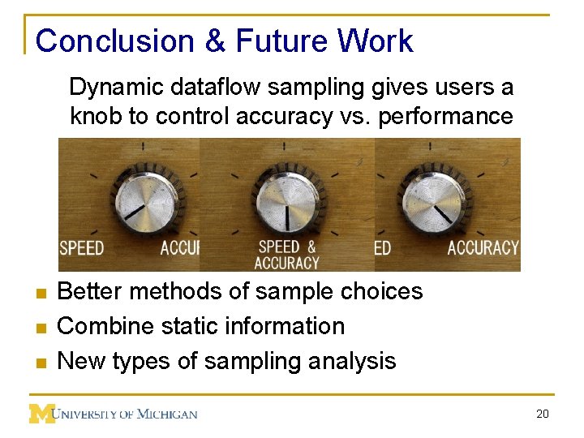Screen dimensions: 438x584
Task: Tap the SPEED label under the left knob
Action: [82, 247]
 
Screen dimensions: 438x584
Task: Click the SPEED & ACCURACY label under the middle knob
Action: [286, 255]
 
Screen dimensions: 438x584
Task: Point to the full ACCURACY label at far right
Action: [483, 247]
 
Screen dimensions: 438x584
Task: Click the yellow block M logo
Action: [41, 414]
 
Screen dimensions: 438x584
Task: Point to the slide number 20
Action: [543, 414]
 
